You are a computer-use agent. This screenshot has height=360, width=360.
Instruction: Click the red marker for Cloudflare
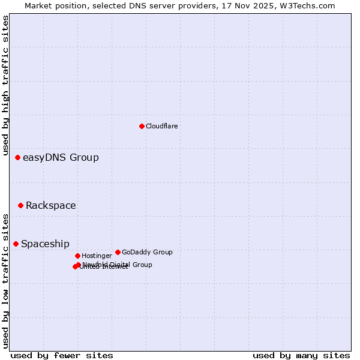click(x=142, y=126)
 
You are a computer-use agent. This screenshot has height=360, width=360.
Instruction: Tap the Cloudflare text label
click(x=161, y=126)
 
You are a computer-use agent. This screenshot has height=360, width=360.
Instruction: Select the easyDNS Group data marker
click(x=18, y=157)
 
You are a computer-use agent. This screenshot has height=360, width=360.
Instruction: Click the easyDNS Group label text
click(x=61, y=158)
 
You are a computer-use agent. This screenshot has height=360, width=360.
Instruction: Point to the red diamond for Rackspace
click(x=20, y=205)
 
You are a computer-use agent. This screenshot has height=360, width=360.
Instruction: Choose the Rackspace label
click(x=50, y=206)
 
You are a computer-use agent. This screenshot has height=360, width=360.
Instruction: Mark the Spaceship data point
click(x=16, y=244)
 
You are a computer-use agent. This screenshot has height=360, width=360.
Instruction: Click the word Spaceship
click(x=45, y=244)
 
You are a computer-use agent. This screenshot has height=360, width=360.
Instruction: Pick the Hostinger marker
click(x=77, y=256)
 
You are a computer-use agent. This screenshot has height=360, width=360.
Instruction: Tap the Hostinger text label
click(x=97, y=256)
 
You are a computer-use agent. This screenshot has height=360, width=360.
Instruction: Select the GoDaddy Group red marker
click(x=118, y=252)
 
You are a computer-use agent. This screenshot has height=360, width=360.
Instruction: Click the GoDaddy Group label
click(x=147, y=253)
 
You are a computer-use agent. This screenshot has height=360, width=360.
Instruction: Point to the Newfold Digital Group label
click(x=118, y=264)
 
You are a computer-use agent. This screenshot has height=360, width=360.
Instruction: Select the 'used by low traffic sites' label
click(x=6, y=281)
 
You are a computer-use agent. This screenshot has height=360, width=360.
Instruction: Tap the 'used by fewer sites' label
click(x=62, y=355)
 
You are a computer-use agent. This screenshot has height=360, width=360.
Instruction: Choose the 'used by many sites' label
click(x=301, y=355)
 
